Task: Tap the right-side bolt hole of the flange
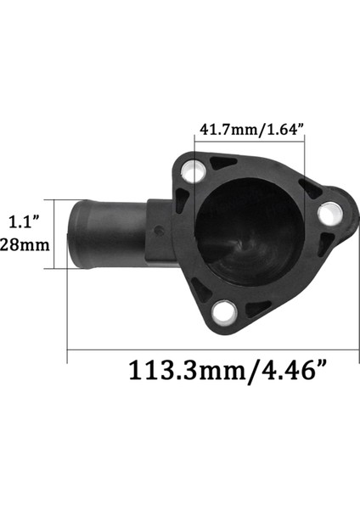coord(329,214)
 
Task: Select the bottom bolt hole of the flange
coord(225,313)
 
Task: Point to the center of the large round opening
coord(245,231)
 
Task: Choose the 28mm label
coord(22,244)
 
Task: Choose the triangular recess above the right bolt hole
coord(311,188)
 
